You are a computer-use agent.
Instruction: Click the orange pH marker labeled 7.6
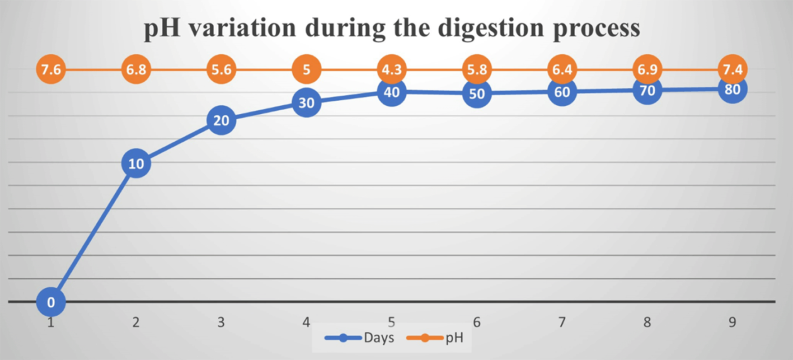(51, 70)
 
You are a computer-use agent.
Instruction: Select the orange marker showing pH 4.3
(392, 70)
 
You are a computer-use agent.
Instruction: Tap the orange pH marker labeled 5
(307, 70)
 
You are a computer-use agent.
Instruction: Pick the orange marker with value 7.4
(733, 70)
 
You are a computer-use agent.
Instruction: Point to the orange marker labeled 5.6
(221, 70)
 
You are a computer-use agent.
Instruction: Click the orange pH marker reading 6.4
(562, 70)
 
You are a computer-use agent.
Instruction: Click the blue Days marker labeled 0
(51, 302)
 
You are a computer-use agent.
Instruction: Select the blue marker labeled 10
(136, 163)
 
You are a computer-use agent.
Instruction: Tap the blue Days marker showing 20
(221, 120)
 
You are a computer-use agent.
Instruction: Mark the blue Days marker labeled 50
(477, 93)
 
